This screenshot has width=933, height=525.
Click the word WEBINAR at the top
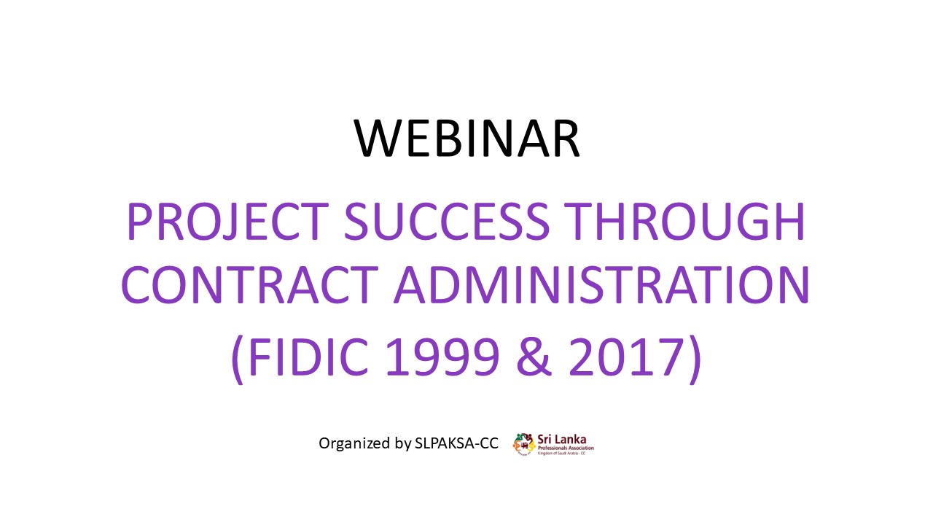[466, 138]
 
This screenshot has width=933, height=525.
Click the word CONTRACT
[249, 284]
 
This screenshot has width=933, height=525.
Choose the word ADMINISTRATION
[602, 284]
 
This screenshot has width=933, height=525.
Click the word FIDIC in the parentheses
[308, 357]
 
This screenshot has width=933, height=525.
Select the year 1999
[442, 357]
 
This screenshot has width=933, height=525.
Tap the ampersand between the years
[534, 357]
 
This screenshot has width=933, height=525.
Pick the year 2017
[627, 357]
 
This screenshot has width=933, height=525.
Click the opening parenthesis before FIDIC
[238, 359]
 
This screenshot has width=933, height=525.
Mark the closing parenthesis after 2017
[695, 359]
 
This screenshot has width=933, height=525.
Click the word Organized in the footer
[354, 443]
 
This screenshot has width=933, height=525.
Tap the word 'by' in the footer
[403, 444]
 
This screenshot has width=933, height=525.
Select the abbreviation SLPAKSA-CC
[456, 443]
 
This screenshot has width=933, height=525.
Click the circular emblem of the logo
[524, 445]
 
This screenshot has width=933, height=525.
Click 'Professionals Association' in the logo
[566, 448]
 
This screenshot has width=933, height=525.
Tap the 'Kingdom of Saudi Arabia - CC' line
[561, 454]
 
